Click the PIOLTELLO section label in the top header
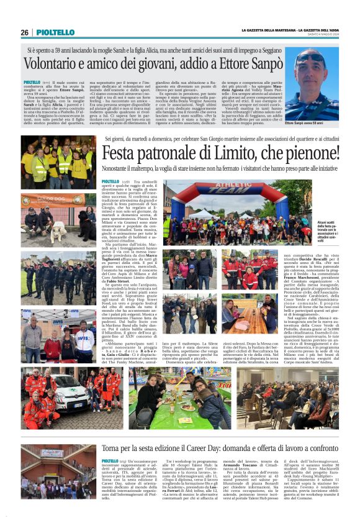(x=55, y=32)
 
